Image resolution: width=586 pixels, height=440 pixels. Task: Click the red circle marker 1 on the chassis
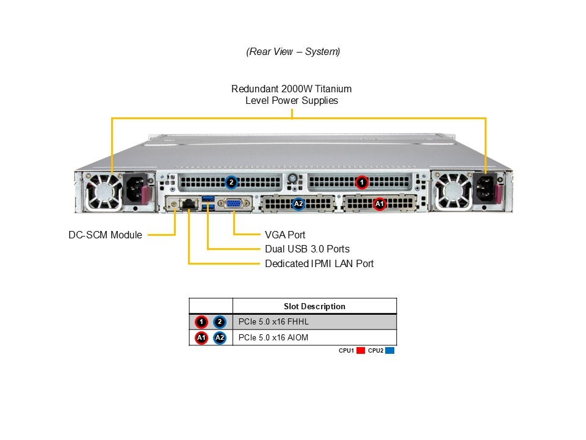tap(362, 182)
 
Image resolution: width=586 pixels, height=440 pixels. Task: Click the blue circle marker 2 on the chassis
tap(231, 182)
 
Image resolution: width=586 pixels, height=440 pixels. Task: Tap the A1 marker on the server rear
tap(379, 204)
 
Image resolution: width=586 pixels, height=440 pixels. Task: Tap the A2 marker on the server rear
tap(298, 204)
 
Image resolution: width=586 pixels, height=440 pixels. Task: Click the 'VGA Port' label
tap(285, 235)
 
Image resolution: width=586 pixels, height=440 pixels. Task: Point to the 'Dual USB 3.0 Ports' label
tap(307, 249)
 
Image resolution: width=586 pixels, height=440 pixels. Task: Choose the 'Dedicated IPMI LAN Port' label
tap(319, 263)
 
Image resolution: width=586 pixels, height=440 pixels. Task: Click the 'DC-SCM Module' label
tap(105, 235)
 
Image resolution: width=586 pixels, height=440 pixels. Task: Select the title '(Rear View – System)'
tap(293, 51)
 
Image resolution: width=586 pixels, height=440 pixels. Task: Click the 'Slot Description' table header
tap(314, 306)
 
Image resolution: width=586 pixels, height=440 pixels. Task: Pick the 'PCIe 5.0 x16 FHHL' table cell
tap(275, 321)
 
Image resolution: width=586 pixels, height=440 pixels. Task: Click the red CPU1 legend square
tap(360, 351)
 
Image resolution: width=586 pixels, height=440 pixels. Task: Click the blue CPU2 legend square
tap(390, 351)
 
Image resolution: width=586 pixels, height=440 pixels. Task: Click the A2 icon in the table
tap(220, 337)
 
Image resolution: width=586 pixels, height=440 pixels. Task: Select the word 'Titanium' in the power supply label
tap(332, 89)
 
